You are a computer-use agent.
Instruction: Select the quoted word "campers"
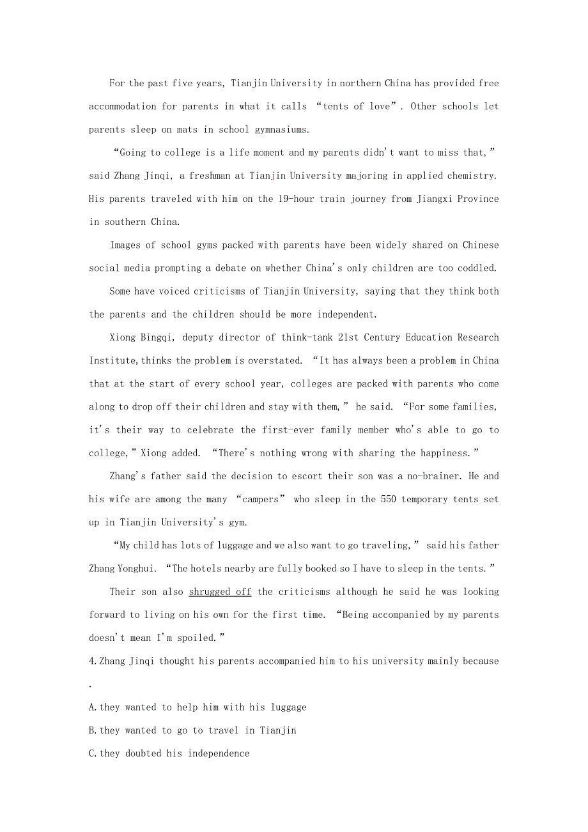pos(261,499)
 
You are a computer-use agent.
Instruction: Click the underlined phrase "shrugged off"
pos(220,592)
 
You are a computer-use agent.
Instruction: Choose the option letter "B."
pos(93,730)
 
